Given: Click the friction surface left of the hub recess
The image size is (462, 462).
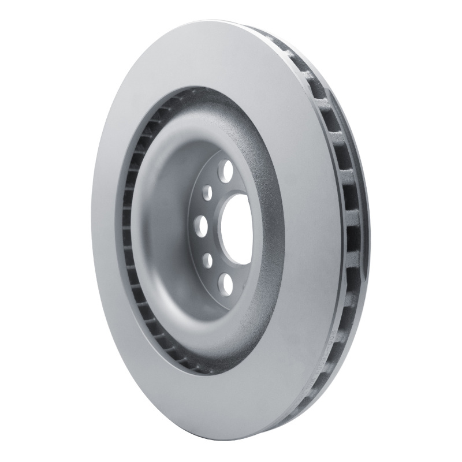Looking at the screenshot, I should (x=107, y=231).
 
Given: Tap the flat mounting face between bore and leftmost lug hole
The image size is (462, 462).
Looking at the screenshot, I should (x=217, y=223).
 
